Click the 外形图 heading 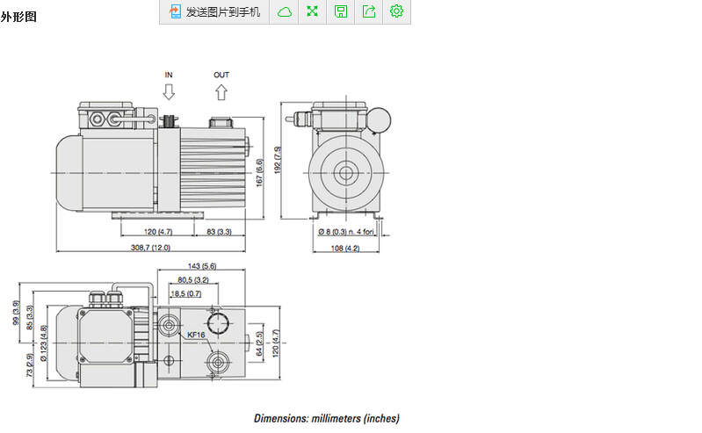(x=18, y=17)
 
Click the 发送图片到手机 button (x=214, y=11)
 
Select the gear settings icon (x=396, y=11)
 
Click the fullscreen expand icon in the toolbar (x=312, y=11)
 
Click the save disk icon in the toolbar (x=341, y=11)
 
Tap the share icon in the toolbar (x=369, y=11)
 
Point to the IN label (x=169, y=76)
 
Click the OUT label (x=221, y=76)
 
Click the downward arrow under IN (x=169, y=91)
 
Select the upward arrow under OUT (x=221, y=91)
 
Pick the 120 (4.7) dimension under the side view (x=159, y=231)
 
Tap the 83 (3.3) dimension (x=219, y=231)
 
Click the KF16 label (x=196, y=335)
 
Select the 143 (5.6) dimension (x=202, y=266)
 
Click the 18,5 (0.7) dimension (x=185, y=293)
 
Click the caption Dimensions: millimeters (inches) (x=327, y=419)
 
